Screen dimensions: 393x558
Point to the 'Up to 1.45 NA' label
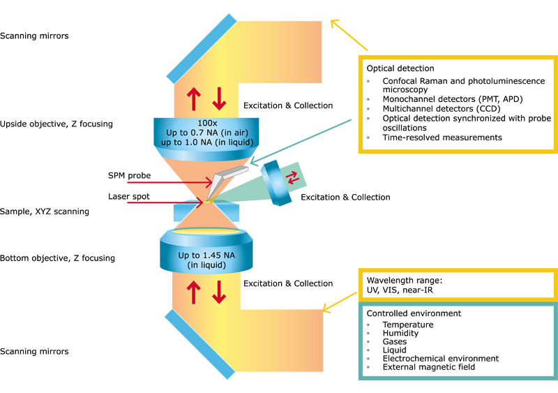(x=206, y=255)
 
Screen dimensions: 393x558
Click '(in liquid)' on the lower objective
(x=206, y=265)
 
